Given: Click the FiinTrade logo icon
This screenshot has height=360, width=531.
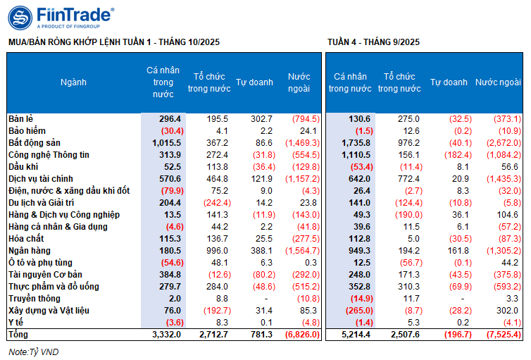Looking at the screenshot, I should [x=20, y=17].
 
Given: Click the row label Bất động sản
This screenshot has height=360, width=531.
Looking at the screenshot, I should [x=33, y=142].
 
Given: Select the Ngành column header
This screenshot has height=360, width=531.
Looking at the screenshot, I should [x=73, y=82].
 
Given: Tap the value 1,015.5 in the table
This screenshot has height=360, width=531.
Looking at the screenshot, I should [x=165, y=142].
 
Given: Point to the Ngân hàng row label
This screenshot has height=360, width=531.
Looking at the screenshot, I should [x=29, y=251].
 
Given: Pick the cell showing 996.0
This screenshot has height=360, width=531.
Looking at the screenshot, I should [x=211, y=251].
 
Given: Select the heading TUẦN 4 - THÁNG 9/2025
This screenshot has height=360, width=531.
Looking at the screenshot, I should [x=374, y=42].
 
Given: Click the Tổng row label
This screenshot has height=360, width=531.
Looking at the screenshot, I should [x=18, y=335].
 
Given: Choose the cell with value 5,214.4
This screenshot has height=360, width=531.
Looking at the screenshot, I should [x=354, y=335].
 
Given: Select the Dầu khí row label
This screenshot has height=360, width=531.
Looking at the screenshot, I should [x=23, y=166].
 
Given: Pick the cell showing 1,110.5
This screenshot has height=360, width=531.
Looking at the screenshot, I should [x=354, y=154].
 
